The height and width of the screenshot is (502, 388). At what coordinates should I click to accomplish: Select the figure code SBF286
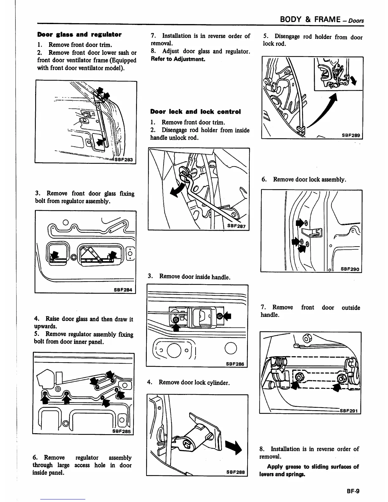(x=235, y=364)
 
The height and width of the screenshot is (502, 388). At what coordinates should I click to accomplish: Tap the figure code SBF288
(x=236, y=472)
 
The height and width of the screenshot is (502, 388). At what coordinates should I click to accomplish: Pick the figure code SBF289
(x=351, y=135)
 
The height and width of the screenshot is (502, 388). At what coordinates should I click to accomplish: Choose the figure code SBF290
(x=350, y=269)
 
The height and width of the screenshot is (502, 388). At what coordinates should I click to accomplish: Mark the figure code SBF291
(x=349, y=411)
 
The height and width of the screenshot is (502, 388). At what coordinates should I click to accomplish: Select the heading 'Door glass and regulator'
(x=79, y=34)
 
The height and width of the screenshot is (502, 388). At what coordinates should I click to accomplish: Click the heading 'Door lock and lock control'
(x=195, y=112)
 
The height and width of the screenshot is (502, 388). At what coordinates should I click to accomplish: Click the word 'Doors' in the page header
(x=356, y=21)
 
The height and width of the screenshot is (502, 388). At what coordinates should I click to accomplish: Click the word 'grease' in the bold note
(x=290, y=467)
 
